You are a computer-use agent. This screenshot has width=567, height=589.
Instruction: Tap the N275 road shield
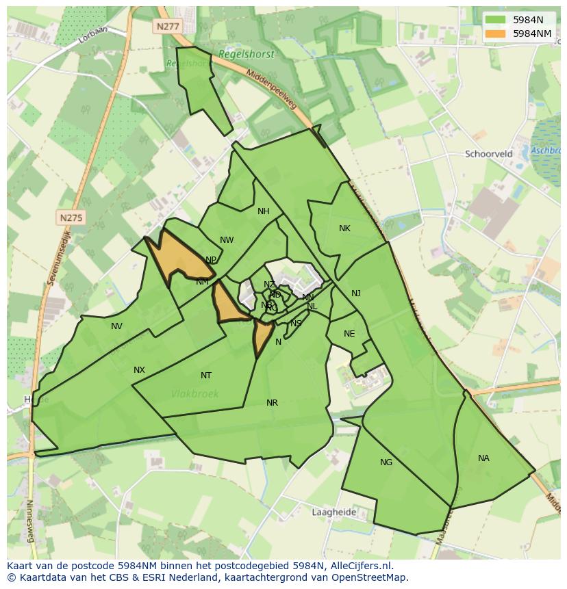point(71,218)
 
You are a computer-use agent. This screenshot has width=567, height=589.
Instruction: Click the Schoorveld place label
point(489,154)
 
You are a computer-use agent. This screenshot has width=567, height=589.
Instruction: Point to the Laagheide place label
point(333,512)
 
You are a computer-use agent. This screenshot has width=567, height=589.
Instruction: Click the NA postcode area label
point(483,458)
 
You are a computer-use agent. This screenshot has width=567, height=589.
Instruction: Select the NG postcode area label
point(386,462)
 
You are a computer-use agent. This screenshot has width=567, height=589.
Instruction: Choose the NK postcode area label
point(344,228)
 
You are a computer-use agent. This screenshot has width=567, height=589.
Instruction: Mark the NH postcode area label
point(264,211)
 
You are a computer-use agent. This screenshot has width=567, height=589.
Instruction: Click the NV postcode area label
point(116,326)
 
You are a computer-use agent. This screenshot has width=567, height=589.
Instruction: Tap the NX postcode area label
point(139,370)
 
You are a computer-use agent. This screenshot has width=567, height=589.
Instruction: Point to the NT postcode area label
point(206,376)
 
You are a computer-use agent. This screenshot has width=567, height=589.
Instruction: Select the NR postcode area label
point(272,403)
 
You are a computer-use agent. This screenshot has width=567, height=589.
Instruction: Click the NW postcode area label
point(227,240)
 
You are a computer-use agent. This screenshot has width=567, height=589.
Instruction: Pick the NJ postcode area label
point(356,293)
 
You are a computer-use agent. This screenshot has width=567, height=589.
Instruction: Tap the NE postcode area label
point(349,334)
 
